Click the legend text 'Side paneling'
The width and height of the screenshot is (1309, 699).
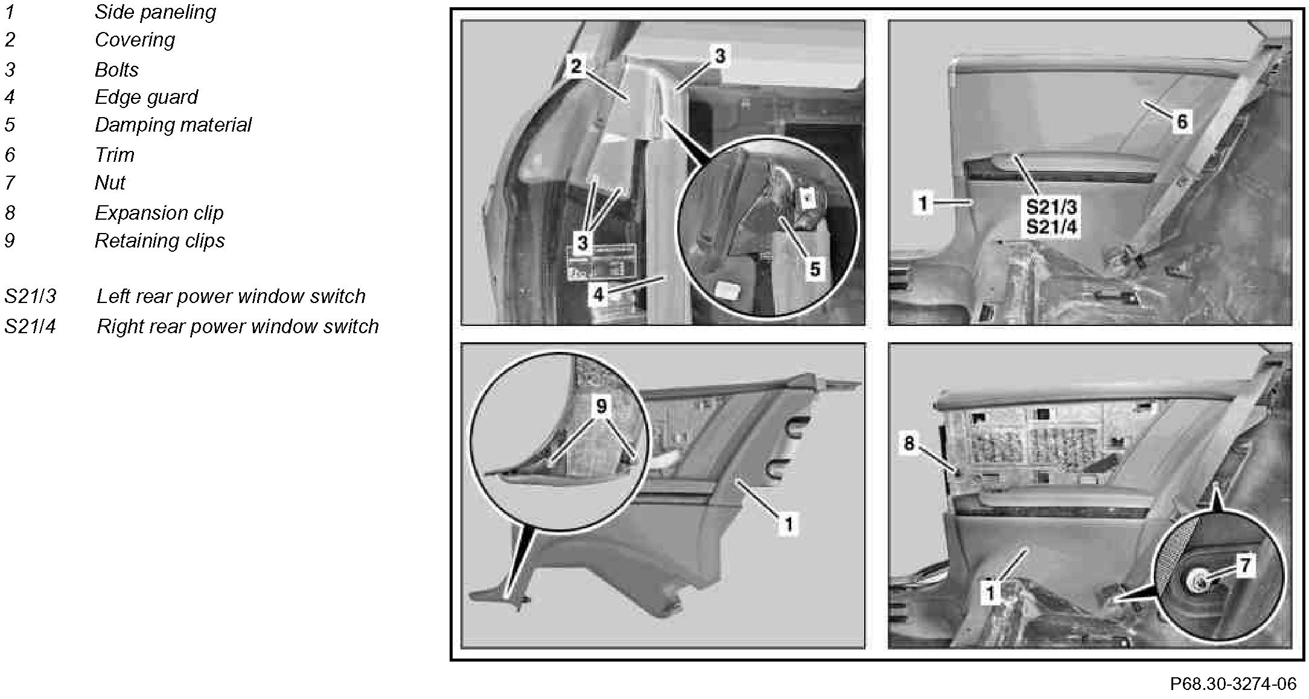pyautogui.click(x=155, y=13)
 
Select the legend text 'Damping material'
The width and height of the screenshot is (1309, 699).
pyautogui.click(x=173, y=125)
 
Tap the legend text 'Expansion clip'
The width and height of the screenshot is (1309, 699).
pyautogui.click(x=159, y=213)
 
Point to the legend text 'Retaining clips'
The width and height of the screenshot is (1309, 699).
pyautogui.click(x=160, y=241)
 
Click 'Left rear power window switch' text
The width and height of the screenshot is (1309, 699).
pyautogui.click(x=231, y=296)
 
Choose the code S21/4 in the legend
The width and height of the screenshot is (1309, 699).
pyautogui.click(x=30, y=327)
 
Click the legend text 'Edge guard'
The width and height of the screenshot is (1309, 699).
pyautogui.click(x=147, y=97)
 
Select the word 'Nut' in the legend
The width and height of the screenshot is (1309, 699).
pyautogui.click(x=110, y=183)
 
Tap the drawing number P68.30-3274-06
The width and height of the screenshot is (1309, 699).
pyautogui.click(x=1233, y=683)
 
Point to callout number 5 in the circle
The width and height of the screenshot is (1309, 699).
pyautogui.click(x=815, y=269)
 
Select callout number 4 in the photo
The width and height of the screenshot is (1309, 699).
pyautogui.click(x=598, y=295)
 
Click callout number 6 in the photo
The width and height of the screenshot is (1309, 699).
pyautogui.click(x=1182, y=122)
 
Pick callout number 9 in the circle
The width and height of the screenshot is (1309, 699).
pyautogui.click(x=601, y=406)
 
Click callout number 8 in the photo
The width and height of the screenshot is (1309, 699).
pyautogui.click(x=909, y=444)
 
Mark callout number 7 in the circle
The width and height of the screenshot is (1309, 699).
pyautogui.click(x=1244, y=566)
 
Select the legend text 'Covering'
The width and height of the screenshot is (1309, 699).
pyautogui.click(x=135, y=40)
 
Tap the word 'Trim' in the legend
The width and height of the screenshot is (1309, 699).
pyautogui.click(x=115, y=155)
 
